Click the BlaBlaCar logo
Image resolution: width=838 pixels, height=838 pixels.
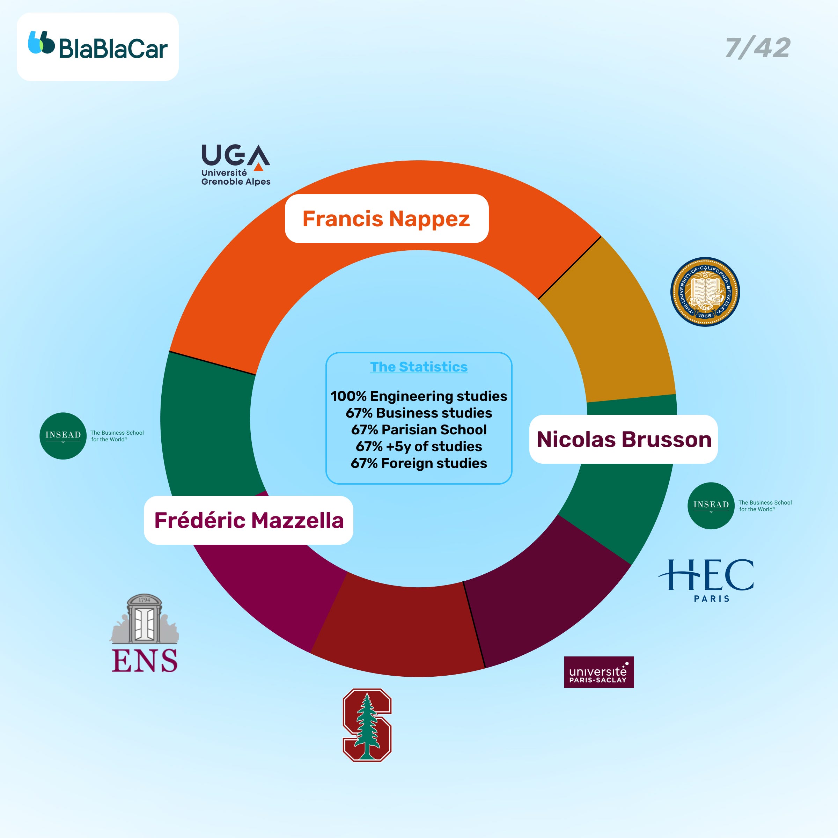[x=98, y=46]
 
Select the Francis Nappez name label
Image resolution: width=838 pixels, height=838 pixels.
[x=386, y=219]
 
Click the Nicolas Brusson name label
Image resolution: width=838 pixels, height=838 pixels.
[x=624, y=439]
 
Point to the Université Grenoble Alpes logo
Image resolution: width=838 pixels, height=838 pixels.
[x=236, y=165]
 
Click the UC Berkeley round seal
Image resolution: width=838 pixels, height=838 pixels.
[x=705, y=292]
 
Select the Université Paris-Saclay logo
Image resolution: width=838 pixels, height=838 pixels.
[x=598, y=672]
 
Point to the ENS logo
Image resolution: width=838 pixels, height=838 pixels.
[x=145, y=634]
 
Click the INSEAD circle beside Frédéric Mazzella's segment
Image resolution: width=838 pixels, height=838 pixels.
[x=63, y=436]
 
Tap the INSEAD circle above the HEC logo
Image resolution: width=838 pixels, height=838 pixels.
[x=711, y=506]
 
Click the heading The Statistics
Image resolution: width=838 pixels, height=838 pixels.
[x=419, y=367]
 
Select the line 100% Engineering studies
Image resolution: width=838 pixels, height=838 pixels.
[x=419, y=396]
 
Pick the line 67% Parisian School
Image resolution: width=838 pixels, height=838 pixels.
[x=419, y=429]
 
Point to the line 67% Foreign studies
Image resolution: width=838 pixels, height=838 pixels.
[x=419, y=463]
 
